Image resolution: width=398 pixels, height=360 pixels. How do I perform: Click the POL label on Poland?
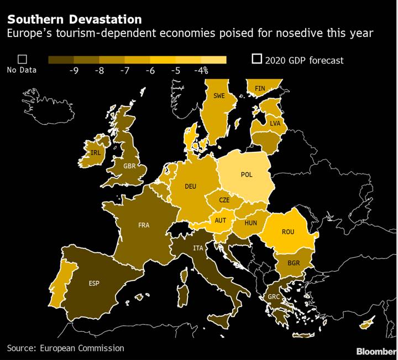point(247,174)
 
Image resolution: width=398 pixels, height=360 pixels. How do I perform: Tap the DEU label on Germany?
point(191,186)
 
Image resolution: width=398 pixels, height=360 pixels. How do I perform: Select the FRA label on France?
point(144,225)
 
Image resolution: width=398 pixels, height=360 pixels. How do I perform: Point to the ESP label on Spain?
point(95,283)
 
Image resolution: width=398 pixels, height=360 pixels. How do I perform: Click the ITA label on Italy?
point(197,248)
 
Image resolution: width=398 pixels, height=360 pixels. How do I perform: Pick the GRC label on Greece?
point(274,296)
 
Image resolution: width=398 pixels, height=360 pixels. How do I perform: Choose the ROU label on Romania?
point(288,232)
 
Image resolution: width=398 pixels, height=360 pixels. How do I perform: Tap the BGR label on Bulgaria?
point(294,263)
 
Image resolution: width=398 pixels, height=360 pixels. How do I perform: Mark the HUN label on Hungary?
point(251,223)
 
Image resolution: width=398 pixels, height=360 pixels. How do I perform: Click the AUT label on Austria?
point(221,220)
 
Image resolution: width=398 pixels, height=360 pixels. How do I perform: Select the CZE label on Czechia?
point(224,200)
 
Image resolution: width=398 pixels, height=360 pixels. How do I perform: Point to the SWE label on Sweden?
point(219,96)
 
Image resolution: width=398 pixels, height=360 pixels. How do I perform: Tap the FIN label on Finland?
point(260,88)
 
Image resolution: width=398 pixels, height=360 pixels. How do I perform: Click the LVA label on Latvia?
point(275,123)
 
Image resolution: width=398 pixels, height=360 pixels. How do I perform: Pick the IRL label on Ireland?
point(96,152)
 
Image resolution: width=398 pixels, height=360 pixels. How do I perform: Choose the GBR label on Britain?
point(130,166)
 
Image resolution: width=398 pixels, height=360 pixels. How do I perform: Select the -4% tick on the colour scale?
point(201,70)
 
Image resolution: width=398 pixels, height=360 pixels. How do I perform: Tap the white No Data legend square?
point(23,59)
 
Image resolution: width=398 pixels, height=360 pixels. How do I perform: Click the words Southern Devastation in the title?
point(74,20)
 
